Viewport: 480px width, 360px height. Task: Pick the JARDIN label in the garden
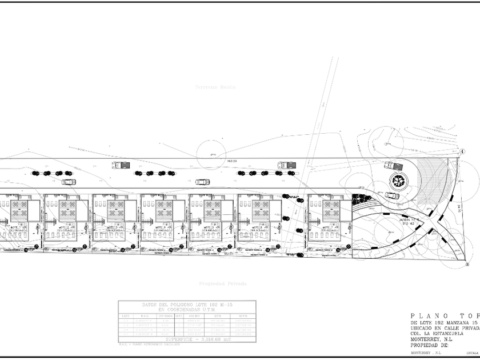(394, 219)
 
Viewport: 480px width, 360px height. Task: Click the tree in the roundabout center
(398, 182)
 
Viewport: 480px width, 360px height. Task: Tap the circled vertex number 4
(462, 151)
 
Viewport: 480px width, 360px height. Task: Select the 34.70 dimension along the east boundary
(459, 210)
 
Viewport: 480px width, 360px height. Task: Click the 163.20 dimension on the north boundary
(231, 161)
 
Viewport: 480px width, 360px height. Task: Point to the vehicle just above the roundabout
(390, 166)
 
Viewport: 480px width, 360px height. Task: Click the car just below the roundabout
(392, 195)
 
